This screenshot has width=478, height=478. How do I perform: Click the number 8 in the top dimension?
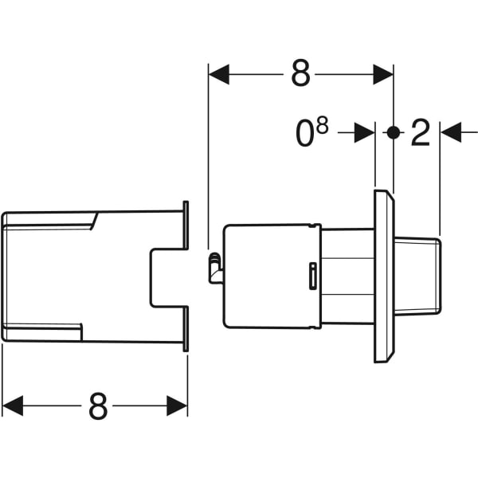(300, 75)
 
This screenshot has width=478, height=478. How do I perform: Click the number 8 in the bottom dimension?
(98, 407)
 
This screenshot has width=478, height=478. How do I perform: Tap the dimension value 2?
(420, 134)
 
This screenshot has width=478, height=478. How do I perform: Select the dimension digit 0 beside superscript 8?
(305, 135)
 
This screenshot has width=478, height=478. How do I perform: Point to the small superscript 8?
(323, 125)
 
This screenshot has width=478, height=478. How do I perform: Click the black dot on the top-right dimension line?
(393, 133)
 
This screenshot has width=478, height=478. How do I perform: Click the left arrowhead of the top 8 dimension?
(218, 75)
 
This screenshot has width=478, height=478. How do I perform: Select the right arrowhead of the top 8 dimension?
(383, 75)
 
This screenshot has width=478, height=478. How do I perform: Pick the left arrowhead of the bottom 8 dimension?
(13, 406)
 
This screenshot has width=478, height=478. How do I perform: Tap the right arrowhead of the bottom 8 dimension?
(178, 406)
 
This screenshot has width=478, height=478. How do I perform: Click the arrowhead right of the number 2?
(450, 133)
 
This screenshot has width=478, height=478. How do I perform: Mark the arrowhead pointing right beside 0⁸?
(365, 133)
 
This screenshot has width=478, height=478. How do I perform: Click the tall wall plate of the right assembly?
(384, 276)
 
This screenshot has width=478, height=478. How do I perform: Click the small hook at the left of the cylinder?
(214, 267)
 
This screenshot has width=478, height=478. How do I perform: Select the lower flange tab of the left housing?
(186, 328)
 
